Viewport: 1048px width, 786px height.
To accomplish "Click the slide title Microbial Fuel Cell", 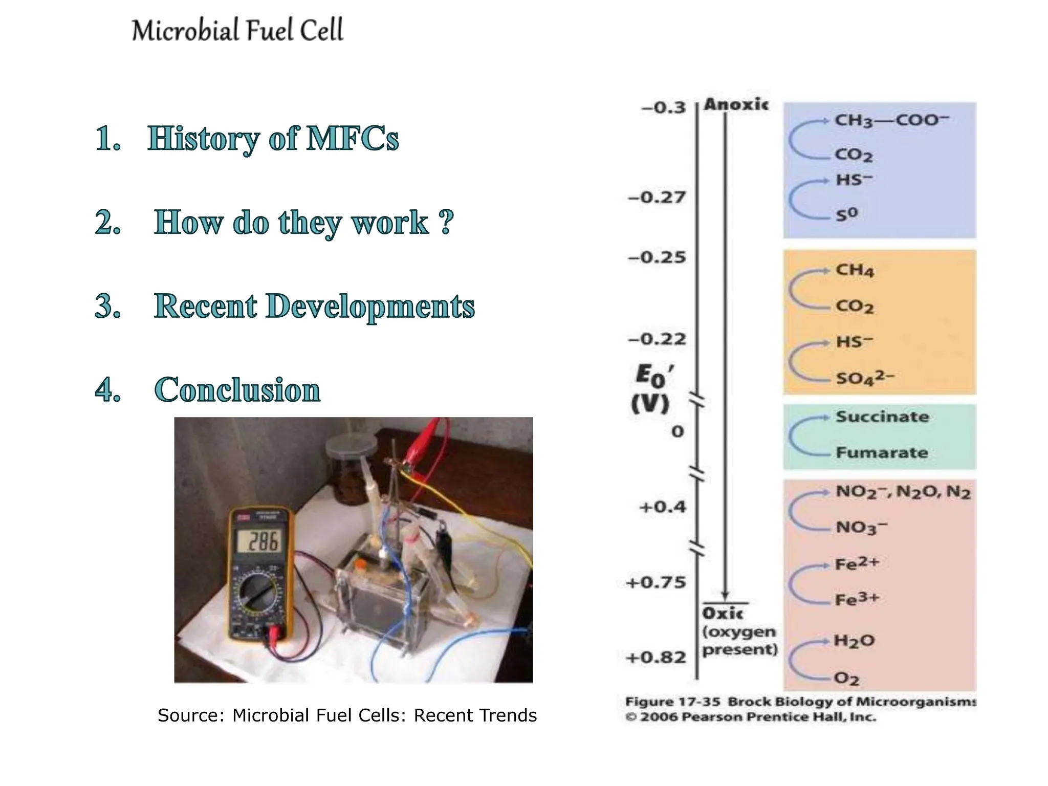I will pos(237,30).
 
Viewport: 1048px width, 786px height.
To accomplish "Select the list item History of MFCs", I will pos(273,139).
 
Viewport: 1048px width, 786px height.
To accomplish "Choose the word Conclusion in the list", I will pos(237,390).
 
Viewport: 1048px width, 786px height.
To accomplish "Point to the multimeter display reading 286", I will pos(263,541).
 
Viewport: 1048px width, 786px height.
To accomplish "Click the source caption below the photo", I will pos(347,715).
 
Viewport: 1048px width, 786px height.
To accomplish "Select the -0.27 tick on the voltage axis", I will pos(657,198).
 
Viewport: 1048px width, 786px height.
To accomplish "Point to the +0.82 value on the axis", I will pos(656,658).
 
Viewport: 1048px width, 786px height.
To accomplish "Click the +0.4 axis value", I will pos(662,508).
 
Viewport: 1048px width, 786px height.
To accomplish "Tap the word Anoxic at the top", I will pos(736,104).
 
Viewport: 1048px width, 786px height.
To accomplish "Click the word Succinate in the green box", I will pos(882,417).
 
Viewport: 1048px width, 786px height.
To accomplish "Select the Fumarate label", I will pos(882,452).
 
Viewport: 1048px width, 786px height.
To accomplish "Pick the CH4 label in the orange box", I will pos(855,270).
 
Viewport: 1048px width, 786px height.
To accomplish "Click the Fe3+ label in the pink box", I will pos(857,599).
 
